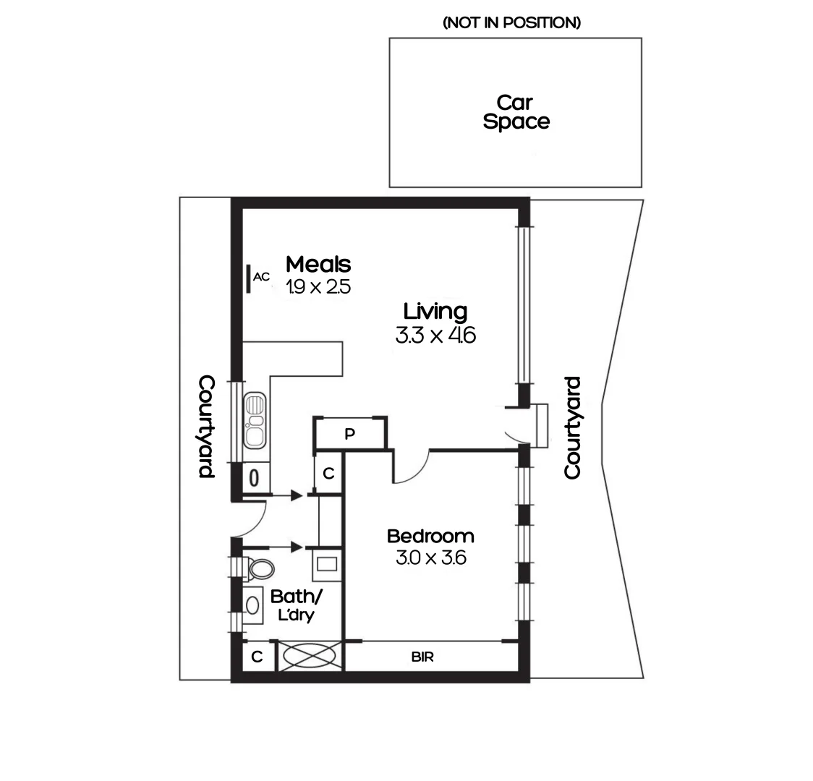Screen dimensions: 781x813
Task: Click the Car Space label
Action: click(516, 113)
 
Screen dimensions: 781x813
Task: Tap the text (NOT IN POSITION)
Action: click(511, 23)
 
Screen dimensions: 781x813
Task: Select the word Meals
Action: click(318, 264)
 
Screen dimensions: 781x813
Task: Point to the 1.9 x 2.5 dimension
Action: click(318, 287)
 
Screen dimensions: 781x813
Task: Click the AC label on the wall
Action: click(261, 276)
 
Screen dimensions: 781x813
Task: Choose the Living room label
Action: click(435, 312)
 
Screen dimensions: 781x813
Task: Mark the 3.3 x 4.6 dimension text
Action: click(435, 336)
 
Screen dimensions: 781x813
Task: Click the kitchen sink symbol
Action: click(255, 420)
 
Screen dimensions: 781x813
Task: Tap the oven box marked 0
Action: click(254, 478)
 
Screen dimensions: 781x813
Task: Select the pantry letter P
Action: click(349, 434)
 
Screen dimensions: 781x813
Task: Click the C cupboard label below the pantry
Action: click(328, 474)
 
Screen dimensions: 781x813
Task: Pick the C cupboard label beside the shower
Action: click(256, 657)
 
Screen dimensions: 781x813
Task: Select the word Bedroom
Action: click(430, 537)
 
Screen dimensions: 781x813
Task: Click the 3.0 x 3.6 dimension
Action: click(430, 558)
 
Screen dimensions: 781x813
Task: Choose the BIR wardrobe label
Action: click(422, 657)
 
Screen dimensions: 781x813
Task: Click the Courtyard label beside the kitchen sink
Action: click(206, 427)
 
